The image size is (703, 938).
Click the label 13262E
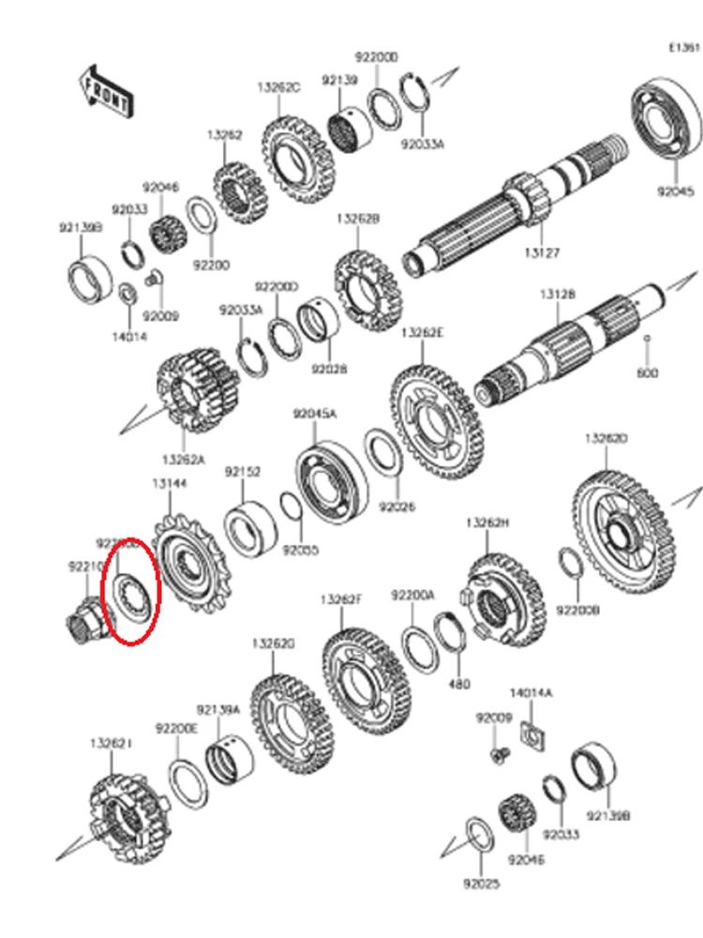(422, 333)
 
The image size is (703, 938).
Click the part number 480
(459, 684)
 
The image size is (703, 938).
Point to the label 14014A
(531, 693)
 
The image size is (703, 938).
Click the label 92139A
(218, 710)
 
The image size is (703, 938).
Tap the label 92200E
(176, 728)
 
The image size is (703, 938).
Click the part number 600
(648, 372)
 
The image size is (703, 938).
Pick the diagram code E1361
(683, 47)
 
